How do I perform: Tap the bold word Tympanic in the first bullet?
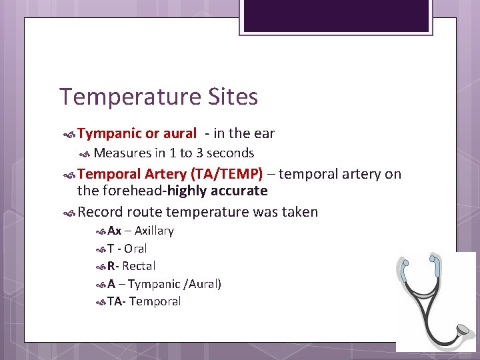108,134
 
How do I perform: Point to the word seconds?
231,153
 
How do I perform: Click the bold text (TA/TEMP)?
227,175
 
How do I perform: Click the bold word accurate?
240,191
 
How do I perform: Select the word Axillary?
154,231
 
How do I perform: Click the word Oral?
135,249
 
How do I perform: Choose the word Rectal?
139,266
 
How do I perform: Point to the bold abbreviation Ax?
114,231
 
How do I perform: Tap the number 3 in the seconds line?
199,153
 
